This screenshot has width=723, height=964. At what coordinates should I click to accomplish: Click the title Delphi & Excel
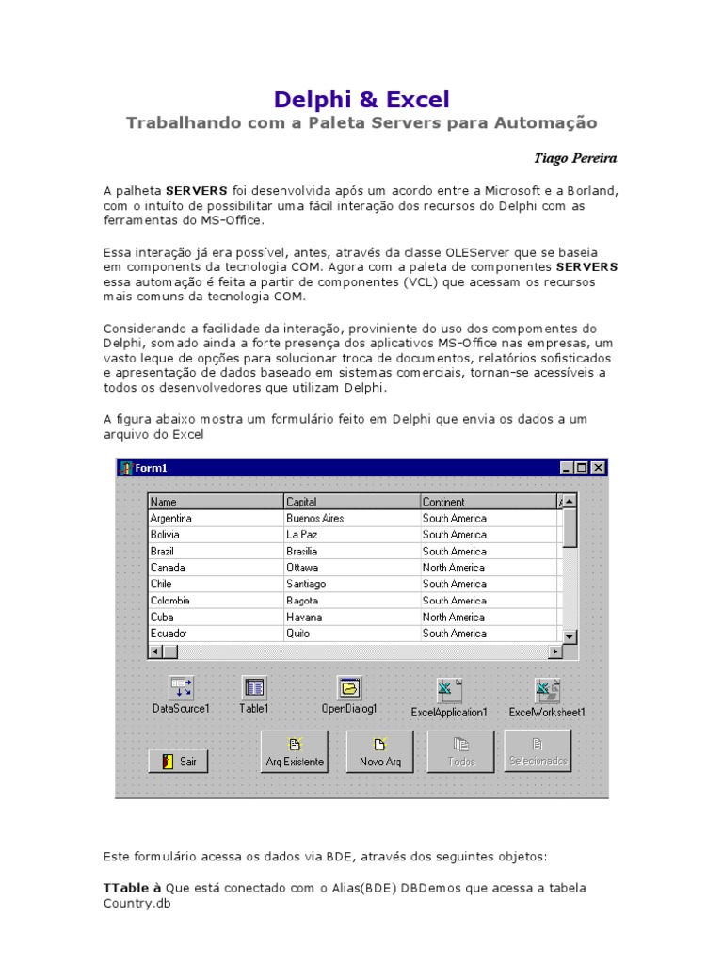point(361,99)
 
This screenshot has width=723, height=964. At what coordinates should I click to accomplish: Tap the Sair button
point(178,762)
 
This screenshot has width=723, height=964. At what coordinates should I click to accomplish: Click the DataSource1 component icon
point(181,688)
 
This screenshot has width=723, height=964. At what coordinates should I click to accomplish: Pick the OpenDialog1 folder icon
point(349,688)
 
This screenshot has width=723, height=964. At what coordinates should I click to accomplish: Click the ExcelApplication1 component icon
point(448,691)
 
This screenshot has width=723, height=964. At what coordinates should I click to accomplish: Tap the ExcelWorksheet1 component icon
point(547,691)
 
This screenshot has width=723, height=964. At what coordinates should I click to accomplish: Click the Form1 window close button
point(598,468)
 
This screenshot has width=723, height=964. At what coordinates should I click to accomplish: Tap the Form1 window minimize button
point(567,468)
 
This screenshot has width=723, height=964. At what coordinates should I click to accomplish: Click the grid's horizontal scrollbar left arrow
point(156,651)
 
